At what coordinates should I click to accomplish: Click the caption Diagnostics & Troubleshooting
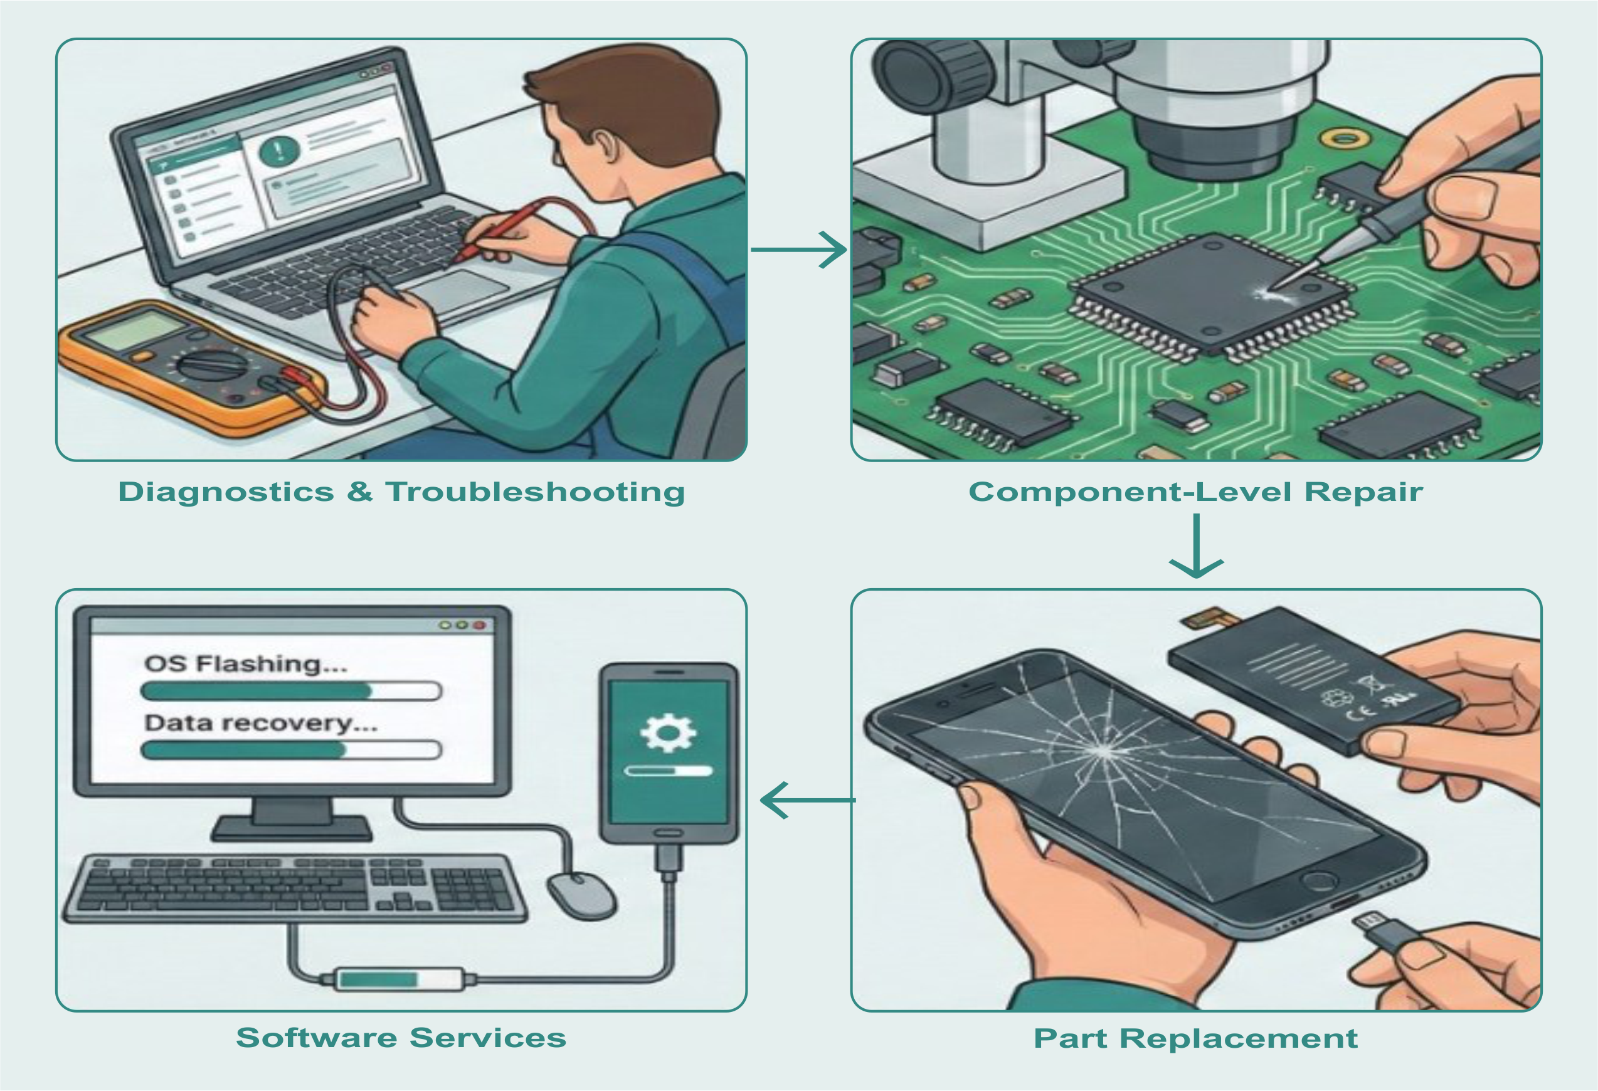tap(401, 492)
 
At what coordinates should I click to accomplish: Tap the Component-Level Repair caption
tap(1196, 492)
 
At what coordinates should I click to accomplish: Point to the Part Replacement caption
tap(1196, 1038)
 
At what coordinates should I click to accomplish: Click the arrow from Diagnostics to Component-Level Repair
tap(799, 250)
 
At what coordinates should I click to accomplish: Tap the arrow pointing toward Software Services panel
tap(807, 800)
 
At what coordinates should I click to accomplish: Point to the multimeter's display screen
tap(130, 329)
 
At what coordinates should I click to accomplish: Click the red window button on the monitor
tap(479, 626)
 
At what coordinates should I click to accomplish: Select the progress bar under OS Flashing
tap(291, 691)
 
